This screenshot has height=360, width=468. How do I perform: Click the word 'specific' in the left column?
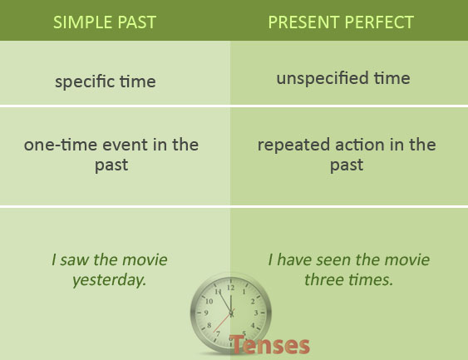pyautogui.click(x=84, y=82)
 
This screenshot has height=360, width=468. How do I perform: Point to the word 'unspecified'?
pyautogui.click(x=320, y=79)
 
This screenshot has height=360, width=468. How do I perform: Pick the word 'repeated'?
pyautogui.click(x=291, y=145)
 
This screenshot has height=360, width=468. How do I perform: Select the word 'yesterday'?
pyautogui.click(x=109, y=280)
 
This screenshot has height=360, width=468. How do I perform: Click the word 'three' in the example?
pyautogui.click(x=325, y=280)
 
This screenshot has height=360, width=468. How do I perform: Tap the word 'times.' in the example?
pyautogui.click(x=371, y=280)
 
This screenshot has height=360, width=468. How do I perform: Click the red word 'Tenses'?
pyautogui.click(x=271, y=344)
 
